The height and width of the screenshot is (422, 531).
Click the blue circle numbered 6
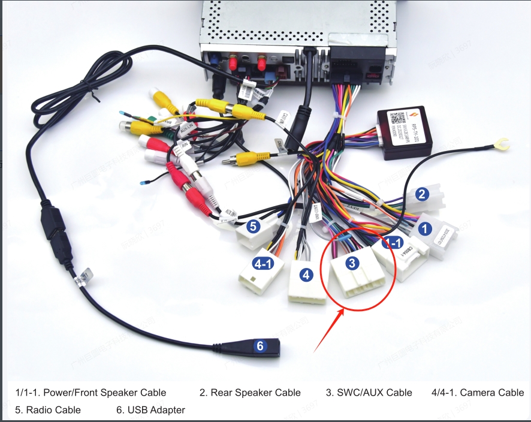pos(260,346)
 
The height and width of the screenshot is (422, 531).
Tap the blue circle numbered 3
pos(352,262)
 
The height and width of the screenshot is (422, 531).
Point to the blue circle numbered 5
pos(254,227)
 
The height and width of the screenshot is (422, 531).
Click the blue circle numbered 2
pos(423,194)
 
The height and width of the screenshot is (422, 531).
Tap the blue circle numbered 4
pos(306,275)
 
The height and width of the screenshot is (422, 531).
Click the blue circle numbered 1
pos(425,228)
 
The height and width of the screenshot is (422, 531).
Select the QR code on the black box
pos(397,117)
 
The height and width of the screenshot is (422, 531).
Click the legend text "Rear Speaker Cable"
pos(250,393)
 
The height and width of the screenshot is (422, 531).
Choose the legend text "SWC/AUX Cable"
pos(369,393)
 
